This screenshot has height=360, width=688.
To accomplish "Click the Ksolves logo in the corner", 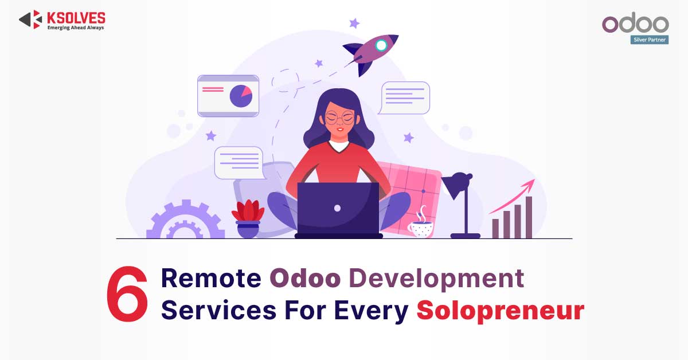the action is [62, 19].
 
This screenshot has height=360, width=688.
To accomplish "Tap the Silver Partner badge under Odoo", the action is [649, 40].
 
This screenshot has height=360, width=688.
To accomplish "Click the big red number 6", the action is [127, 294].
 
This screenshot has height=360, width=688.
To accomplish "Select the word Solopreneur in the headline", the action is [501, 311].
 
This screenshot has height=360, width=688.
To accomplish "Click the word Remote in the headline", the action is [211, 278].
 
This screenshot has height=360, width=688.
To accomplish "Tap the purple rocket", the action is [370, 53].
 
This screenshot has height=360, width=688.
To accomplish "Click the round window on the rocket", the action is [381, 45].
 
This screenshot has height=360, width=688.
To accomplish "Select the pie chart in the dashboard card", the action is [241, 96].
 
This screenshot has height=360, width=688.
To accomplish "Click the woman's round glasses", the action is [339, 118].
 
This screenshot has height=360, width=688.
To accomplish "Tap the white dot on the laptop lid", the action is [337, 208].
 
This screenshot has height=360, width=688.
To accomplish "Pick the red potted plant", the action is [248, 218].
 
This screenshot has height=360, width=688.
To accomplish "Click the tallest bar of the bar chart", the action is [529, 217].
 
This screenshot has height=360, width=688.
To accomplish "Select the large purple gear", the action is [186, 220].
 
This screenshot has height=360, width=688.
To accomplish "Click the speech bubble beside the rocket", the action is [404, 97].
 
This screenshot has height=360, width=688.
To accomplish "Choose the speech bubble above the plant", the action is [240, 163].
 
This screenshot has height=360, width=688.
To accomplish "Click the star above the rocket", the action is [354, 23].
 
